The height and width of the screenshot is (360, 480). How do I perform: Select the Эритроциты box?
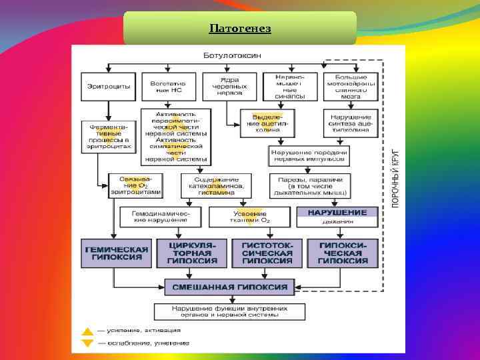(x=109, y=87)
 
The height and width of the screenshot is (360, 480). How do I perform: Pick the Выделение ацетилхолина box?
(x=266, y=123)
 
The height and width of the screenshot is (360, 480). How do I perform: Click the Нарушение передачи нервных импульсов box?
(x=309, y=157)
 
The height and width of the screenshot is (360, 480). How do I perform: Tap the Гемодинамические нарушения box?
(x=160, y=216)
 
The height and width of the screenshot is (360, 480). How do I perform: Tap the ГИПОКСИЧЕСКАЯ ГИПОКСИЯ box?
(x=341, y=253)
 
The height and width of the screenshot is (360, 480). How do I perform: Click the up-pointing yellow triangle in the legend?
(x=87, y=331)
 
